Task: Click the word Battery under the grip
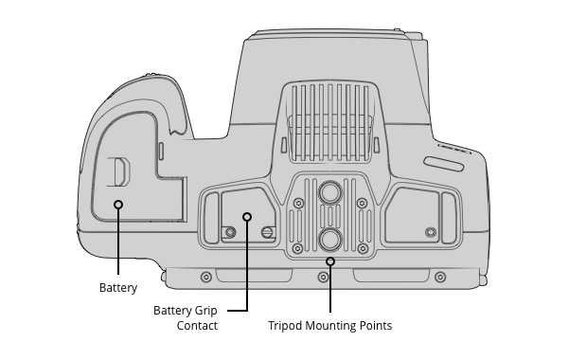pos(118,288)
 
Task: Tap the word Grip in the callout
pos(205,311)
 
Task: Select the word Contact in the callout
pos(197,326)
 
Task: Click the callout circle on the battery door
pos(118,205)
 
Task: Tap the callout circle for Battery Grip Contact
pos(247,217)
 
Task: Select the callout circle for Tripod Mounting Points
pos(330,261)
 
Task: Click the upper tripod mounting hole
pos(330,192)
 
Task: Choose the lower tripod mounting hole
pos(330,240)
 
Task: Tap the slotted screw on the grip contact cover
pos(267,232)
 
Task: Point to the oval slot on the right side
pos(444,164)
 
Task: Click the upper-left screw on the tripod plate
pos(298,203)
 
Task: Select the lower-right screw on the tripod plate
pos(363,249)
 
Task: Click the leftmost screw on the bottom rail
pos(206,278)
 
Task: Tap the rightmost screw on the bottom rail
pos(440,278)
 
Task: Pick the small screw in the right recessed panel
pos(431,232)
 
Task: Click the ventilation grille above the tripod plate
pos(330,122)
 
